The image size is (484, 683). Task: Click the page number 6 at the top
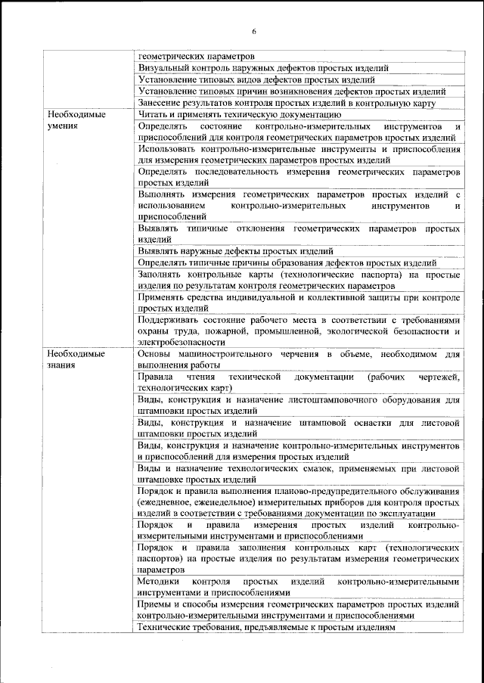(x=254, y=31)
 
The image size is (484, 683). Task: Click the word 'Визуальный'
(x=163, y=67)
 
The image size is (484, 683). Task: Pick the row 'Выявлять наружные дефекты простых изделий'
(x=236, y=251)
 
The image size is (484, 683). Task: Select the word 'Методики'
(x=158, y=582)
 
